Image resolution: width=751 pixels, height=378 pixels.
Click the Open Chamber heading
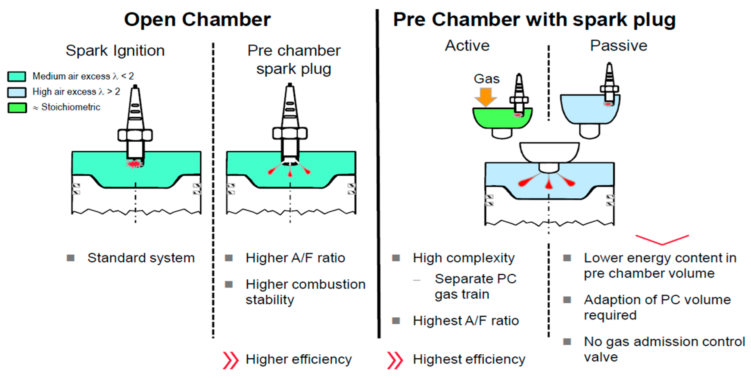tap(197, 20)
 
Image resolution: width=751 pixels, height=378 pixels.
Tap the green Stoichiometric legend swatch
tap(17, 108)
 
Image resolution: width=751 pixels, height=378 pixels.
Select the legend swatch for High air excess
tap(17, 92)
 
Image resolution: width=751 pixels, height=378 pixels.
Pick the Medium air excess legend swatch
tap(17, 76)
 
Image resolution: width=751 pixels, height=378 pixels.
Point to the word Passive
tap(618, 46)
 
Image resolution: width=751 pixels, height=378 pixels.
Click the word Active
tap(467, 46)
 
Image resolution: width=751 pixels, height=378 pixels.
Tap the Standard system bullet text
tap(141, 258)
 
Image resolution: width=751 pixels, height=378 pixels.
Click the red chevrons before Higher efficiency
tap(230, 360)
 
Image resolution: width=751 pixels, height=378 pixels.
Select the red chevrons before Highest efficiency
tap(395, 360)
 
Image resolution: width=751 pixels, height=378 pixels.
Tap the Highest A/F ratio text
tap(466, 321)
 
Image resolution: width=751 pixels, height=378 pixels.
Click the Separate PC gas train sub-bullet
tap(475, 286)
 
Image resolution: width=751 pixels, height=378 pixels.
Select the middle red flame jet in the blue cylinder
tap(549, 184)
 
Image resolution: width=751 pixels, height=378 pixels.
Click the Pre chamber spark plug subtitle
tap(294, 60)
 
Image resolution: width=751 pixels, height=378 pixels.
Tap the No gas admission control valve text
tap(664, 349)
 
